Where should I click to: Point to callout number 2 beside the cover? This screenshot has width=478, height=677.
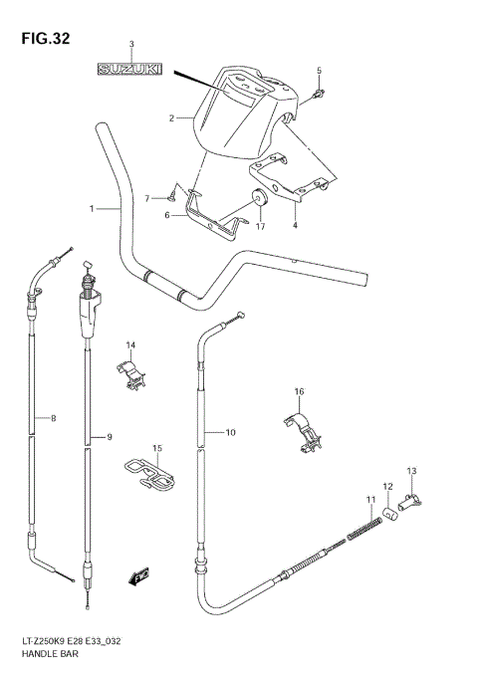tap(172, 118)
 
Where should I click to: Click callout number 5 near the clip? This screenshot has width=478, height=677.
tap(319, 70)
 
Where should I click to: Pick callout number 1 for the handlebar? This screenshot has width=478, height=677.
tap(92, 208)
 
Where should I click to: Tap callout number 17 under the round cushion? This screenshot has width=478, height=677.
tap(261, 226)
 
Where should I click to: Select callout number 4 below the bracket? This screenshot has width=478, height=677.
tap(295, 226)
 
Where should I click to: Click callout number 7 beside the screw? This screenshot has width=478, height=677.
tap(147, 198)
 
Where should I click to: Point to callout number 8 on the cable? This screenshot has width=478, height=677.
tap(53, 418)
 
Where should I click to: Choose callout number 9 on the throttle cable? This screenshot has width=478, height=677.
tap(111, 437)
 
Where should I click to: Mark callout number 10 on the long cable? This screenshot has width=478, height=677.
tap(230, 432)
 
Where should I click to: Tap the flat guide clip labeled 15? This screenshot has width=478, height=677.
tap(150, 475)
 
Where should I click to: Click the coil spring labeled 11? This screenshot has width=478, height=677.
tap(363, 529)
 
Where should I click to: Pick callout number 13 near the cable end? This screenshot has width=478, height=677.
tap(411, 470)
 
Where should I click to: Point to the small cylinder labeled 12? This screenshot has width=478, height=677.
tap(393, 512)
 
